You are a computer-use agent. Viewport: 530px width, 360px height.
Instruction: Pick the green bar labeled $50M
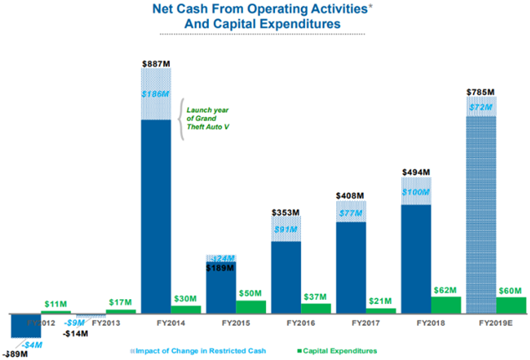coord(250,307)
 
